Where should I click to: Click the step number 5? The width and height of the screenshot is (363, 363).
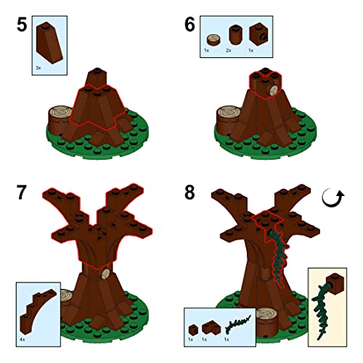[x=22, y=25]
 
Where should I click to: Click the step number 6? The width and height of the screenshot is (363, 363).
[x=189, y=25]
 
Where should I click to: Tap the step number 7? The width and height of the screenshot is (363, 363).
[x=21, y=192]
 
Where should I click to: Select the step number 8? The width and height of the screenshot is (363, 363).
[x=189, y=192]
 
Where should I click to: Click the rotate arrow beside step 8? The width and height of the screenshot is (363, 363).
[x=333, y=198]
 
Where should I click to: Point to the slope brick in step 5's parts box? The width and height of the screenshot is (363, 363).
[x=49, y=43]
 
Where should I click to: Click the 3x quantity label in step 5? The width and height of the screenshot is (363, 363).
[x=38, y=68]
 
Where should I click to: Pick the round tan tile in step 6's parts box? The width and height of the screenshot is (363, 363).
[x=213, y=40]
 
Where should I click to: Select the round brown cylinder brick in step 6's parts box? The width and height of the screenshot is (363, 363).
[x=235, y=35]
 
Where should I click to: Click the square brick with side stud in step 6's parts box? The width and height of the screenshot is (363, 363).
[x=258, y=35]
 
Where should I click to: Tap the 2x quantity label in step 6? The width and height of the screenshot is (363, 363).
[x=229, y=50]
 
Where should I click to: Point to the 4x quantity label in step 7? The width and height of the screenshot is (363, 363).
[x=23, y=340]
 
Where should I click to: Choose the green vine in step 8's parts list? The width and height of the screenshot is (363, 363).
[x=238, y=325]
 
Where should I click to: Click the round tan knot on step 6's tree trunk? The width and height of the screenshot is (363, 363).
[x=274, y=91]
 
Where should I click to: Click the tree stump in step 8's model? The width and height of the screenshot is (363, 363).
[x=266, y=322]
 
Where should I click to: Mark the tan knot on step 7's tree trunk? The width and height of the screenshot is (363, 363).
[x=105, y=274]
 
